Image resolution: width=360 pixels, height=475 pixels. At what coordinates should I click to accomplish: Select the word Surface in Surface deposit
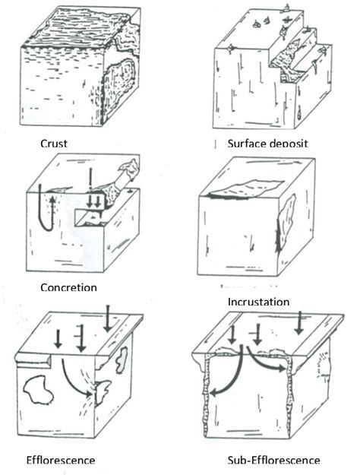coord(245,142)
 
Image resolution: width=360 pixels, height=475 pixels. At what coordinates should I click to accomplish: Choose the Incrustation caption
coord(258,301)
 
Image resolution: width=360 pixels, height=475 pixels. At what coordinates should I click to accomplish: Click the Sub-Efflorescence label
coord(273,460)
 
